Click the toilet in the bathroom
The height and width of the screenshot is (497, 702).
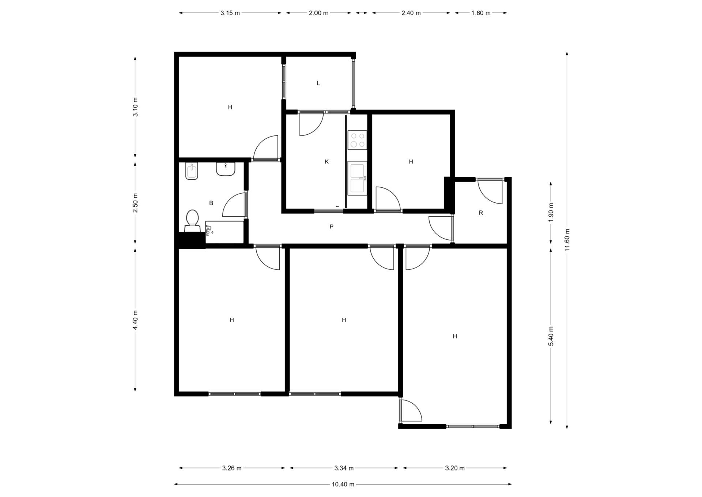tap(192, 221)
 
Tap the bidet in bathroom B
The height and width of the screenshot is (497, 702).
tap(192, 171)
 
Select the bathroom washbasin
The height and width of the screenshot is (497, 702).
tap(226, 169)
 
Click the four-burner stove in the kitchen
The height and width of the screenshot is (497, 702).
tap(357, 140)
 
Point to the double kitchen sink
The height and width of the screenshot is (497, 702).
tap(357, 178)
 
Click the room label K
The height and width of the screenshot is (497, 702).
tap(327, 161)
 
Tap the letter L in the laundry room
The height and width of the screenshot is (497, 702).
tap(318, 83)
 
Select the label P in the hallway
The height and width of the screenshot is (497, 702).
tap(331, 227)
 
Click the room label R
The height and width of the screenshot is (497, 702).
tap(481, 213)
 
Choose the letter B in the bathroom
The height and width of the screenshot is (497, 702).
tap(211, 203)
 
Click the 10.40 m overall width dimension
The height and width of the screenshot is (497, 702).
tap(343, 484)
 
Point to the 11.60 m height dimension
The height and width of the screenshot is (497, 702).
tap(567, 240)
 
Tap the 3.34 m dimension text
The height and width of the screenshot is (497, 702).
tap(344, 468)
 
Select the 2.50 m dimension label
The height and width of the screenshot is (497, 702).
tap(135, 203)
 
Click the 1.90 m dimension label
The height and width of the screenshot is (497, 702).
tap(551, 212)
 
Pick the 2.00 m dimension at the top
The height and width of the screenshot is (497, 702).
tap(318, 13)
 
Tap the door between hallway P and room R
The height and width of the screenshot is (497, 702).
tap(441, 228)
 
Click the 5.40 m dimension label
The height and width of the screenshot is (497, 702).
tap(551, 336)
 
